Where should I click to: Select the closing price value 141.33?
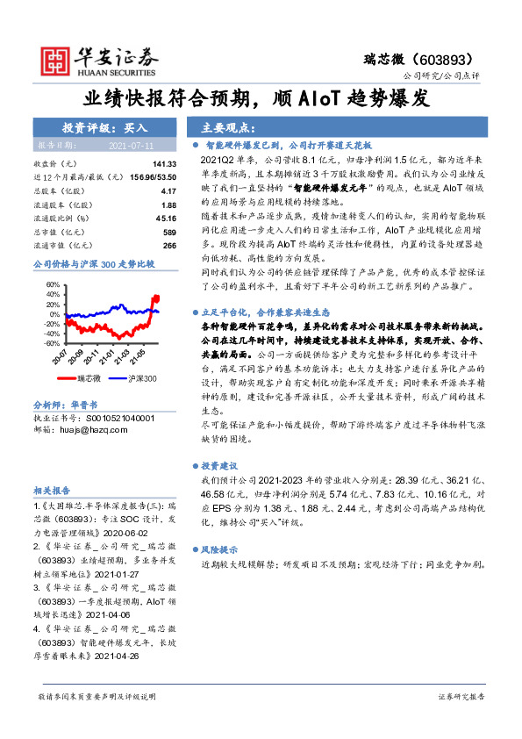(x=164, y=164)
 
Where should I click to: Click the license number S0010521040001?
(x=111, y=419)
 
